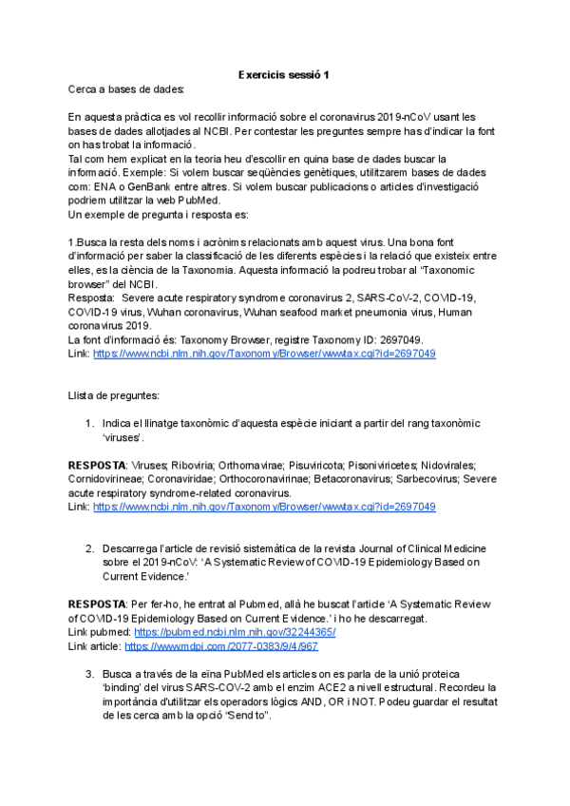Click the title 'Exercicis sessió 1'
point(284,75)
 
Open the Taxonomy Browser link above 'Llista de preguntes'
point(264,353)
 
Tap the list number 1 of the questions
point(89,423)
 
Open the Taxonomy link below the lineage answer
point(264,508)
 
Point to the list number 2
point(89,548)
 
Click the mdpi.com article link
point(220,646)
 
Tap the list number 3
point(89,673)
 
